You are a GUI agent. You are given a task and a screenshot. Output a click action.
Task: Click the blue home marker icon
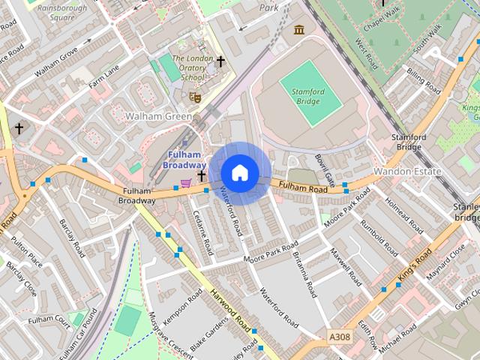pyautogui.click(x=239, y=172)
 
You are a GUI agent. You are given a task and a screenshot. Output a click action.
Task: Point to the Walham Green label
pyautogui.click(x=158, y=116)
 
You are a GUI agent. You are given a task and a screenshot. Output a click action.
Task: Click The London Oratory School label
pyautogui.click(x=187, y=67)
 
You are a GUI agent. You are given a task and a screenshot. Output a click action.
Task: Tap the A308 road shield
pyautogui.click(x=340, y=338)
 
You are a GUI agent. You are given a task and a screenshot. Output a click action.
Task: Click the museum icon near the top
pyautogui.click(x=299, y=30)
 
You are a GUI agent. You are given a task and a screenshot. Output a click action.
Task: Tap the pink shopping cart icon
pyautogui.click(x=185, y=182)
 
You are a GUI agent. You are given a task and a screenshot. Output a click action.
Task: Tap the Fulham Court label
pyautogui.click(x=48, y=320)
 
